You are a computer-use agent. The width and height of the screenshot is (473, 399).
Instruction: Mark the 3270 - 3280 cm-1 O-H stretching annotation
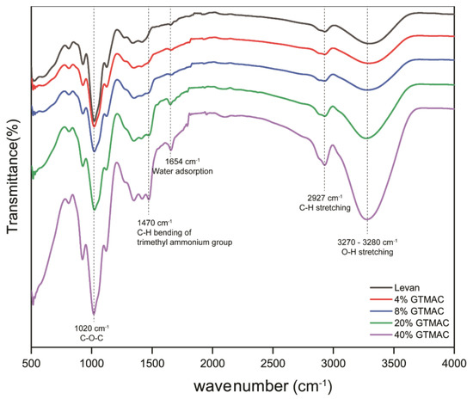365,248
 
